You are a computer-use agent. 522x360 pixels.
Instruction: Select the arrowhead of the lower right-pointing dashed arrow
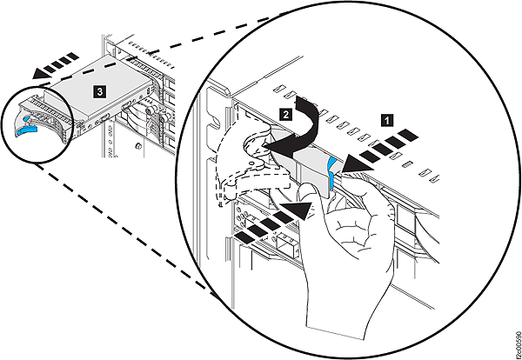(x=297, y=210)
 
